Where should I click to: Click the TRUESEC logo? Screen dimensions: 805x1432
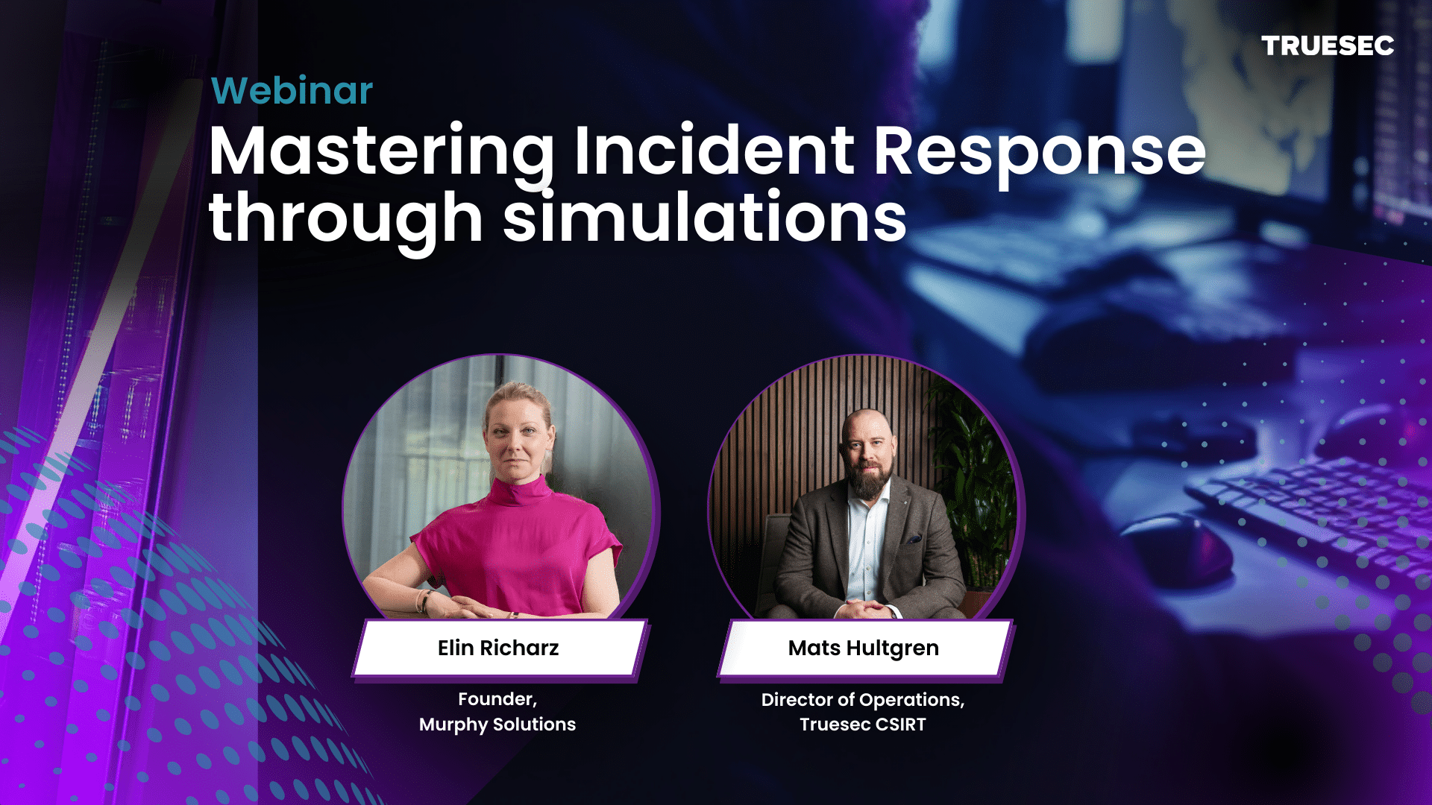point(1328,46)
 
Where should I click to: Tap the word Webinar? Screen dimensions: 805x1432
point(292,91)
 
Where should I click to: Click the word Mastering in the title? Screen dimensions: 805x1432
point(381,152)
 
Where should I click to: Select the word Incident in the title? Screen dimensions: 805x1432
point(714,151)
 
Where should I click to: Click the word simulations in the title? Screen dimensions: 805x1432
point(705,218)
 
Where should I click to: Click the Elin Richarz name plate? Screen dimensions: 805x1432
point(498,648)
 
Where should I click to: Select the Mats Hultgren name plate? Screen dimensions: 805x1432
point(864,648)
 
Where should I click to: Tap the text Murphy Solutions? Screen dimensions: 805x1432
point(497,724)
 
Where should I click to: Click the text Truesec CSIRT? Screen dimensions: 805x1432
point(863,724)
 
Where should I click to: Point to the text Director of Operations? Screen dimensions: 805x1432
point(861,700)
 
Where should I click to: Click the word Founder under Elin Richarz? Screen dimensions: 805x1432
point(496,699)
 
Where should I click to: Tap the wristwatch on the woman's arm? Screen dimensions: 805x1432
point(427,599)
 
